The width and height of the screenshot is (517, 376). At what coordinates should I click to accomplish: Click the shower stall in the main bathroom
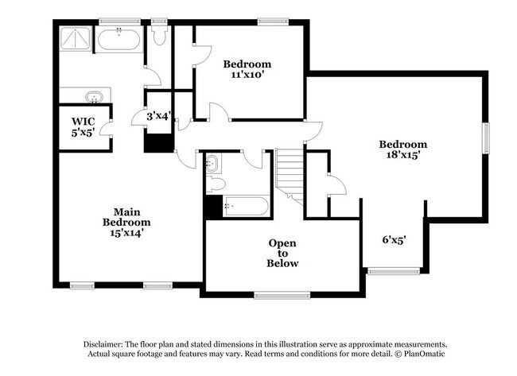pos(76,40)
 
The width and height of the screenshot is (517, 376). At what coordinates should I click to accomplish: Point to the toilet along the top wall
pos(158,36)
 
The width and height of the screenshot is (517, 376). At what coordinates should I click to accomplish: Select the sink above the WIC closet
pos(95,96)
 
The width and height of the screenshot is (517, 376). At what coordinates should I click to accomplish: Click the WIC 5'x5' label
pos(84,126)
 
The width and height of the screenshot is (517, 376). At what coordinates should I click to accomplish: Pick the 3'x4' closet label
pos(159,116)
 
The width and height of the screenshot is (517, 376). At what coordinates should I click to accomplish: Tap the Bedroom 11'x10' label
pos(247,69)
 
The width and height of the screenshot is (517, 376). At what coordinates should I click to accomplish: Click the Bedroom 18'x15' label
pos(402,149)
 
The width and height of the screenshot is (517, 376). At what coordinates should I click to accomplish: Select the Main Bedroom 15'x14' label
pos(126,222)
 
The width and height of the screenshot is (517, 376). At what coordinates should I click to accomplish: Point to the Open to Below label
pos(283,253)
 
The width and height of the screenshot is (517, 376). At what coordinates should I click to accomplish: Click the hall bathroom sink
pos(212,165)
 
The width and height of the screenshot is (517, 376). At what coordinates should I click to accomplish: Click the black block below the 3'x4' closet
pos(159,142)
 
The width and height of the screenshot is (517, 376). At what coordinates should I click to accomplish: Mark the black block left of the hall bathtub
pos(212,207)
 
